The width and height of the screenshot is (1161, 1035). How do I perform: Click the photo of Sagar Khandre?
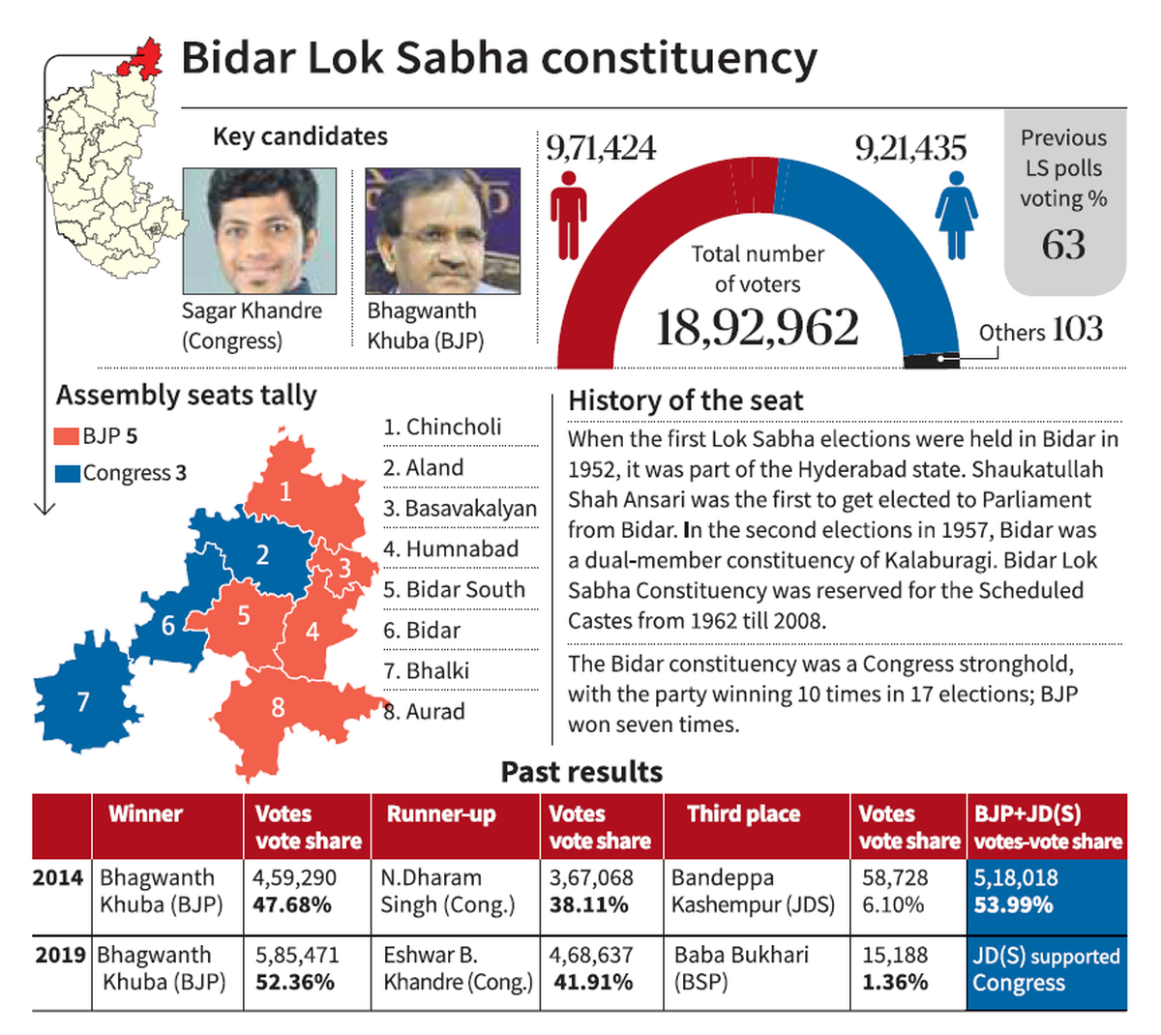(259, 231)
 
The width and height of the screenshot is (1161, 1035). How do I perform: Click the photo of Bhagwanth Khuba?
(442, 231)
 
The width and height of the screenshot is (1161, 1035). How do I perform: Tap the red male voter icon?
(568, 215)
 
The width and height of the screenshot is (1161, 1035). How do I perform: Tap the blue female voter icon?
(956, 215)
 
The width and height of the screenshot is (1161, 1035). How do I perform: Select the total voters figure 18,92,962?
(757, 328)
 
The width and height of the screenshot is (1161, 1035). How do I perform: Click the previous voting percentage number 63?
(1063, 244)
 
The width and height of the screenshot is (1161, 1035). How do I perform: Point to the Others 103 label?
(1040, 331)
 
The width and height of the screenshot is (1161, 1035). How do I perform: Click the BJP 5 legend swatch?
(66, 436)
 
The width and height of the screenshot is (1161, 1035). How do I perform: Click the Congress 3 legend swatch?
(66, 473)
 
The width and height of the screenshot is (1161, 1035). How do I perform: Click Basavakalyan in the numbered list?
(460, 508)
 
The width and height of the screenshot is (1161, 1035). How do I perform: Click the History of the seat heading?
(685, 400)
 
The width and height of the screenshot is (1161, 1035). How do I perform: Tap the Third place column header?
(743, 814)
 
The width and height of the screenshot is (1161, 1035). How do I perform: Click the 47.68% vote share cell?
(292, 905)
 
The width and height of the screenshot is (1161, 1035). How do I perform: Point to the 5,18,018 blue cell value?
(1015, 878)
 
